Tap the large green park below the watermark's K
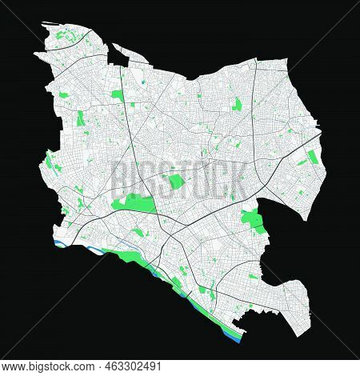coord(253,219)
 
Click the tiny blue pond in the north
coord(141,80)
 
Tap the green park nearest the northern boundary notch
coord(118,95)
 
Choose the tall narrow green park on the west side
coord(81,120)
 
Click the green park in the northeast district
coord(237,104)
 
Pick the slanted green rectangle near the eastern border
coord(305,158)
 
